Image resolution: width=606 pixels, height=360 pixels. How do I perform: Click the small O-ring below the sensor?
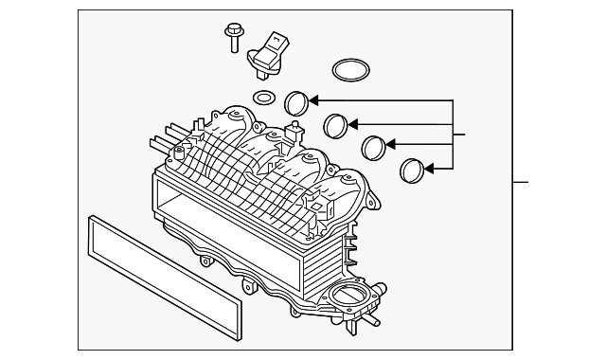(265, 98)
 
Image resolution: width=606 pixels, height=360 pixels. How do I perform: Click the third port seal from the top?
(377, 147)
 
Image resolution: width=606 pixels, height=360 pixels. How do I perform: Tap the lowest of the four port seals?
(412, 171)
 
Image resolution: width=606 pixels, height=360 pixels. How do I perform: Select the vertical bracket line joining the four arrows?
(455, 135)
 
